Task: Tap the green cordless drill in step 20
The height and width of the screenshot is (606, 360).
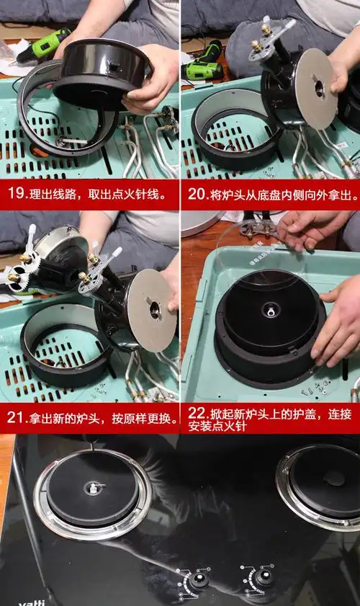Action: click(x=202, y=63)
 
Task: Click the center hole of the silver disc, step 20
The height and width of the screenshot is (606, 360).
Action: click(x=319, y=87)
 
